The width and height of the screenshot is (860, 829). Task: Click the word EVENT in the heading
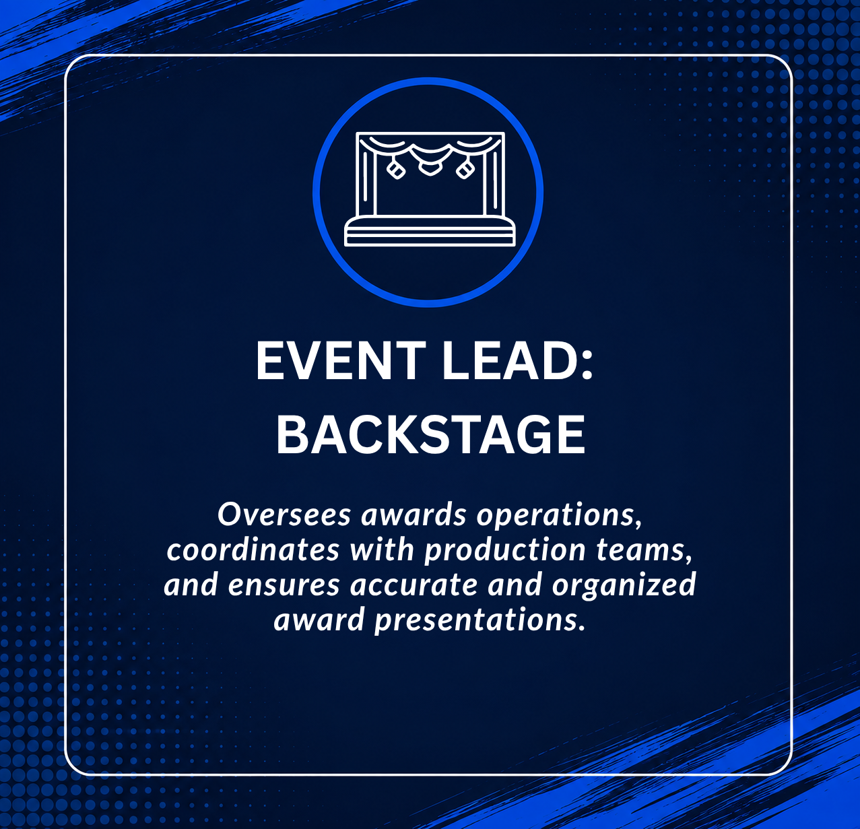[341, 361]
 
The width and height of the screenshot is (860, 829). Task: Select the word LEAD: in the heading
[517, 361]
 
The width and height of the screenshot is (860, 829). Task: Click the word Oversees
[284, 515]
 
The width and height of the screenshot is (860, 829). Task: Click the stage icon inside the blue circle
[430, 189]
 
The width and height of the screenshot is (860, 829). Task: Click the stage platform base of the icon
[430, 231]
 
